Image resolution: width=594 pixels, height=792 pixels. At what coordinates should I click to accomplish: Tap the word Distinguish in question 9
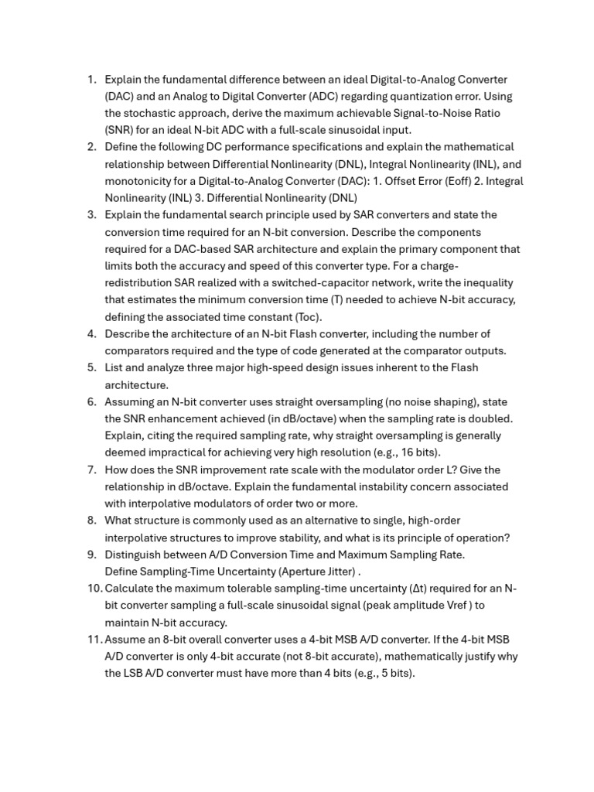coord(134,555)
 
